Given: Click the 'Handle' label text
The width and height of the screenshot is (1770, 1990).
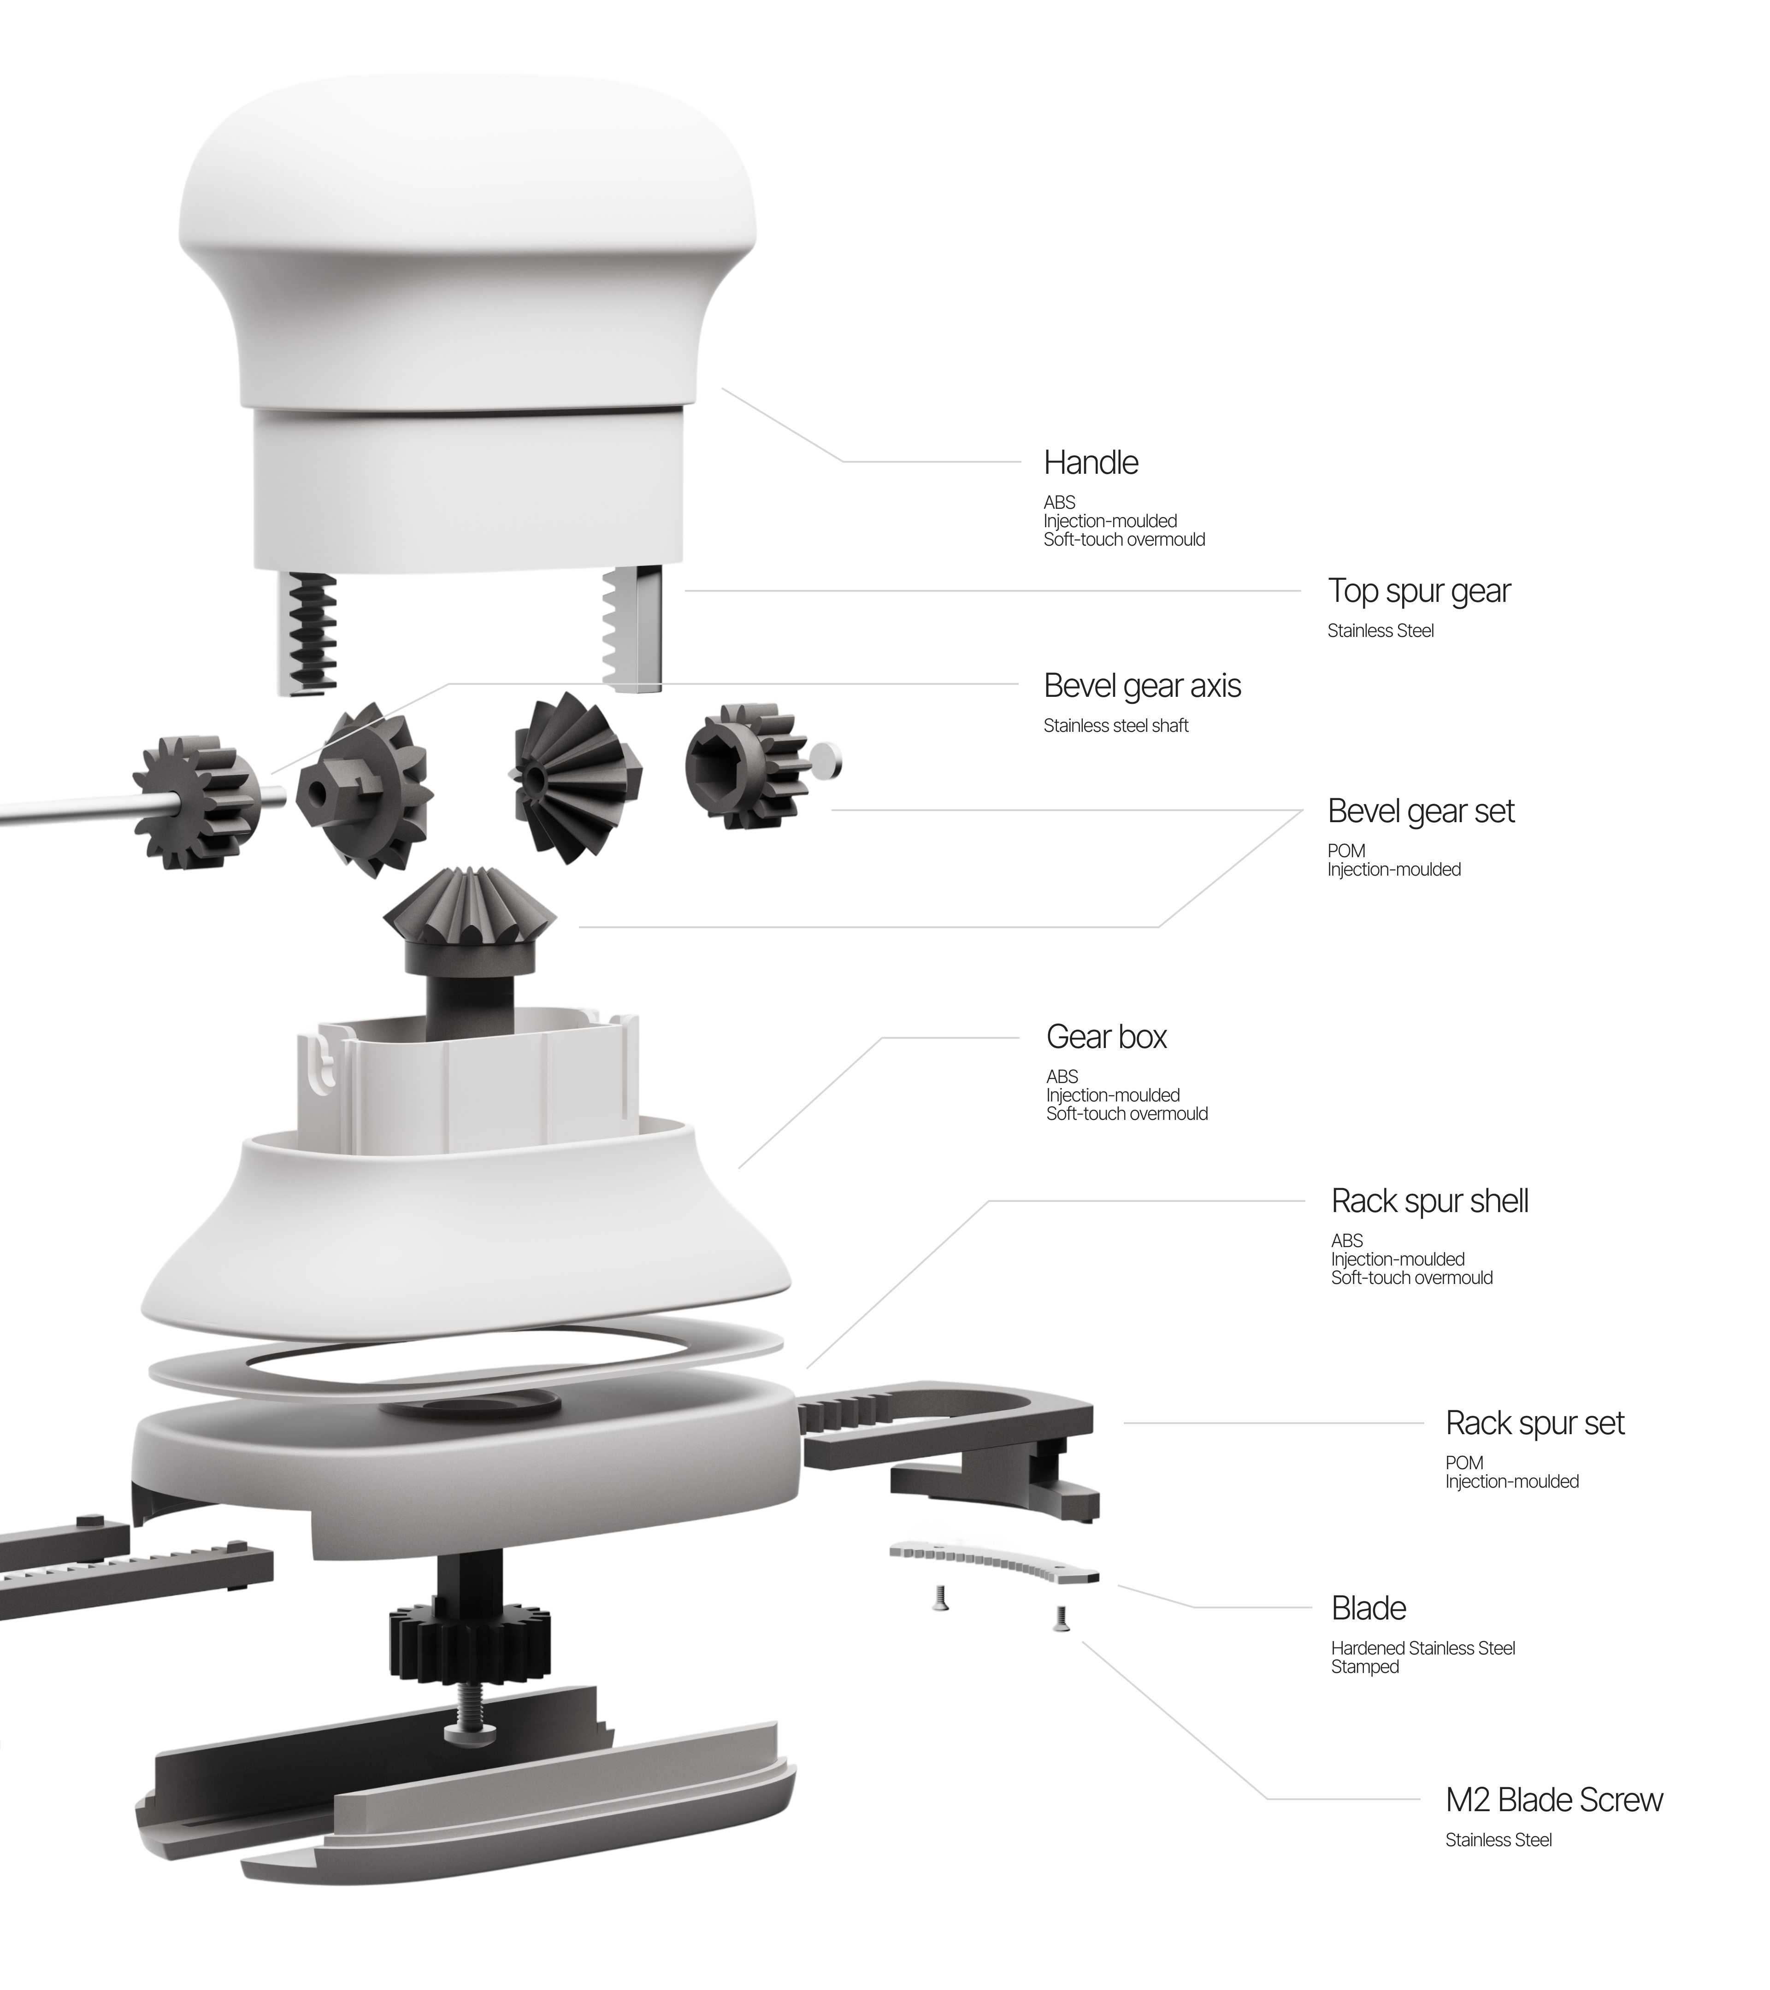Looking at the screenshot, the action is pyautogui.click(x=1091, y=462).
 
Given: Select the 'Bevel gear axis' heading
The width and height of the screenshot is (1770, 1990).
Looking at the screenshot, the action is pyautogui.click(x=1142, y=686).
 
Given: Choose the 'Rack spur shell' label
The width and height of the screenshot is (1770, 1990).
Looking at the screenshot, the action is pyautogui.click(x=1429, y=1201).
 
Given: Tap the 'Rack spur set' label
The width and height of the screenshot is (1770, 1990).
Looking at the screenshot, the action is pyautogui.click(x=1534, y=1424).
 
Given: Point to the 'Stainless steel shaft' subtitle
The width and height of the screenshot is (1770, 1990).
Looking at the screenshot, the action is pyautogui.click(x=1116, y=725).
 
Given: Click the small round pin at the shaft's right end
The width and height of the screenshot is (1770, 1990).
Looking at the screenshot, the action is pyautogui.click(x=826, y=761).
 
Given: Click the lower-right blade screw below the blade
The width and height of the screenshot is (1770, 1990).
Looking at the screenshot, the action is pyautogui.click(x=1061, y=1618).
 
